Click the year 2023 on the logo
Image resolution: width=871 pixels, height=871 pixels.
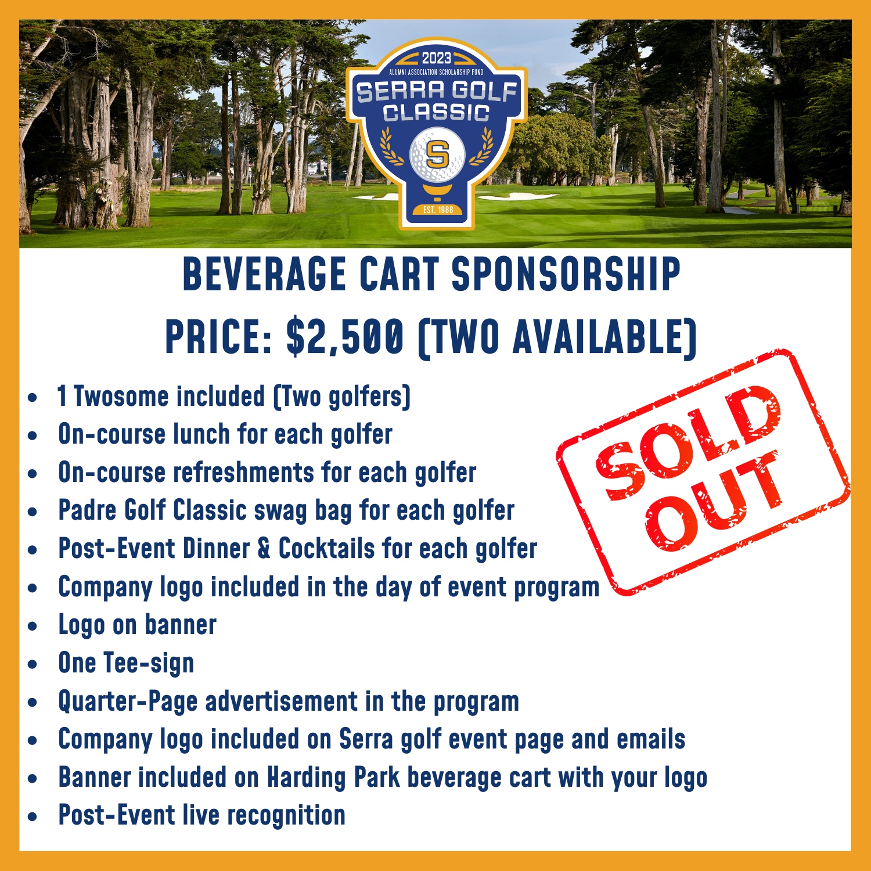pyautogui.click(x=436, y=58)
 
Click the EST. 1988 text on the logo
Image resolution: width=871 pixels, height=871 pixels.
pyautogui.click(x=438, y=210)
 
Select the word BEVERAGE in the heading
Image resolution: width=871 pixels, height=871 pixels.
pyautogui.click(x=264, y=273)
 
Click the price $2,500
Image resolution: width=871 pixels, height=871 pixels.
pyautogui.click(x=345, y=337)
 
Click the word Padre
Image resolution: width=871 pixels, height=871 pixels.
pyautogui.click(x=87, y=510)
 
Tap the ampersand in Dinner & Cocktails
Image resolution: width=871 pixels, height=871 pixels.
pyautogui.click(x=264, y=549)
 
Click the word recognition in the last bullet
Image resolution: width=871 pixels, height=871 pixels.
pyautogui.click(x=286, y=816)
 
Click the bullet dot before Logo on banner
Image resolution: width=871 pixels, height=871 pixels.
pyautogui.click(x=33, y=626)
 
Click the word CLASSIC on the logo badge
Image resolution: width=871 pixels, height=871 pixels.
pyautogui.click(x=437, y=112)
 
